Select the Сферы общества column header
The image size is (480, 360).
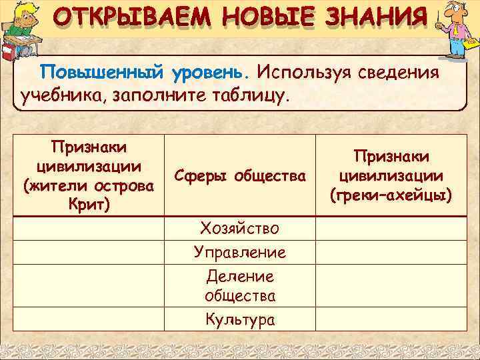point(239,176)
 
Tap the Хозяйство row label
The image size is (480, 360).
point(239,229)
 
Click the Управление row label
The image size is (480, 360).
point(239,252)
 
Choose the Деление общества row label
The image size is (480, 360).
point(239,285)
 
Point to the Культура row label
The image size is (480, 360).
point(239,319)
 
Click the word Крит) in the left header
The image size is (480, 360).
point(89,202)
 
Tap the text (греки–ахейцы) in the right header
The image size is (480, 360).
point(391,195)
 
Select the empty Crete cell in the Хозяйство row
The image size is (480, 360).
point(89,229)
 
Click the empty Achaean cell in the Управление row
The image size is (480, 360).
point(391,252)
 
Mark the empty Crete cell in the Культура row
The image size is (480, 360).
point(89,319)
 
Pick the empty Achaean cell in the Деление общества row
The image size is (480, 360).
point(391,285)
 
